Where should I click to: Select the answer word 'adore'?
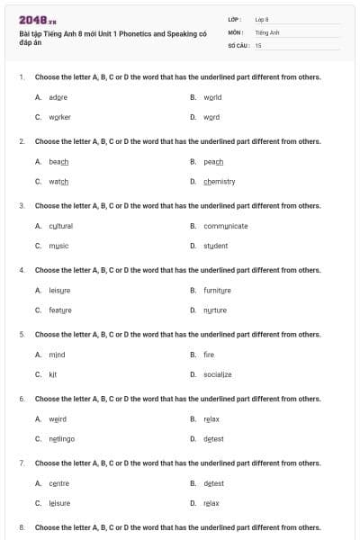(58, 97)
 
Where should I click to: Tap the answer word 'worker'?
(59, 117)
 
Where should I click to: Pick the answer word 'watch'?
(58, 182)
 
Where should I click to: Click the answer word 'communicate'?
(226, 226)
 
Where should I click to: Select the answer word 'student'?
(216, 246)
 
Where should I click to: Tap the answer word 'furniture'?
(218, 291)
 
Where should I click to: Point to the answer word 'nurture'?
(215, 310)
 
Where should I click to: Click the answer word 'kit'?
(53, 374)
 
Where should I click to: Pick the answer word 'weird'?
(58, 419)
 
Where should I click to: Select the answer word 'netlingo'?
(62, 439)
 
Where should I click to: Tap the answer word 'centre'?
(58, 483)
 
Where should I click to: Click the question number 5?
(22, 334)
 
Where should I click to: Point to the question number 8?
(22, 526)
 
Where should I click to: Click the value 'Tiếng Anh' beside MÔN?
(268, 31)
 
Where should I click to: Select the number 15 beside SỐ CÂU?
(258, 44)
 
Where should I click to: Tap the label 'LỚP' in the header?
(235, 19)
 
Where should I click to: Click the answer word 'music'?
(58, 246)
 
